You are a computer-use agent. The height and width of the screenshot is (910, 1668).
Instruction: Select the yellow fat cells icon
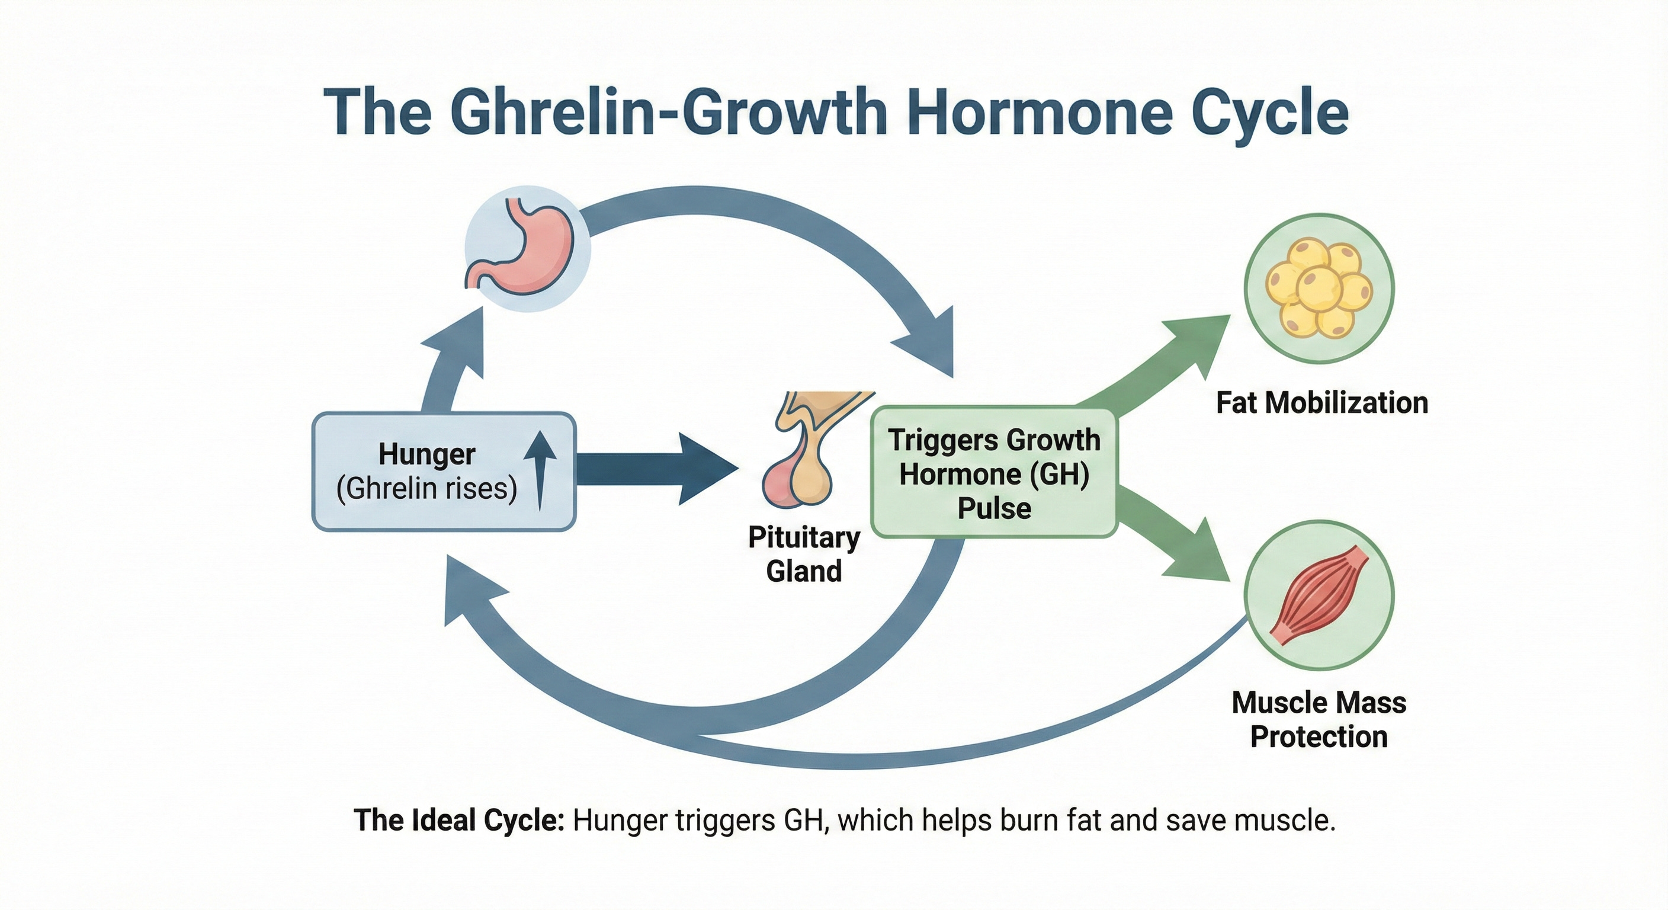[x=1319, y=288]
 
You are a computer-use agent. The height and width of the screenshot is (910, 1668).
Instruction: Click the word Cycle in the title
[x=1269, y=113]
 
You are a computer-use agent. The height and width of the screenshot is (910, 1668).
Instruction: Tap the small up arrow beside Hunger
[x=540, y=470]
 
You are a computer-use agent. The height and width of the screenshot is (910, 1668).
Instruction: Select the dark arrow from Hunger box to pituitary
[x=654, y=469]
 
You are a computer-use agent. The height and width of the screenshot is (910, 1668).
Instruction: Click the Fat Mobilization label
[x=1321, y=403]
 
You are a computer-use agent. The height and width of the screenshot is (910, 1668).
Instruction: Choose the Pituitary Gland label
[x=804, y=555]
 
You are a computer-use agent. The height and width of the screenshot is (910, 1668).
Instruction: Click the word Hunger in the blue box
[x=426, y=454]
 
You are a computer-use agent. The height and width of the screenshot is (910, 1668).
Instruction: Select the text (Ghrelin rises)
[x=426, y=488]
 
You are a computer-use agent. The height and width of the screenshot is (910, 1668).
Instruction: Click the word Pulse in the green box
[x=994, y=508]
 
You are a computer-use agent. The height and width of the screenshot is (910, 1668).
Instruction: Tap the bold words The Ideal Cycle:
[x=459, y=821]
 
